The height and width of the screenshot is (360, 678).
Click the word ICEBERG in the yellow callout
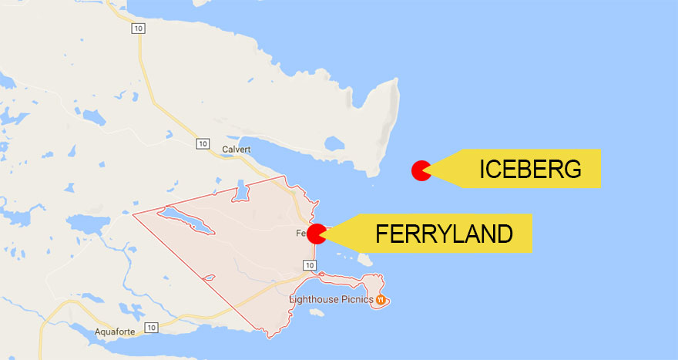530,170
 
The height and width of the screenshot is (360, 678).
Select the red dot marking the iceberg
421,170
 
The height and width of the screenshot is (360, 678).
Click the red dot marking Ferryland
316,234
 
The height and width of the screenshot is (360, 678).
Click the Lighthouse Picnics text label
331,298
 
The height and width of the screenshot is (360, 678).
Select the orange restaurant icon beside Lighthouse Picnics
380,298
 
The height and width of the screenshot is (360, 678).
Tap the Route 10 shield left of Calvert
202,143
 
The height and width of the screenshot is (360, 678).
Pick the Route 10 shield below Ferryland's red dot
309,265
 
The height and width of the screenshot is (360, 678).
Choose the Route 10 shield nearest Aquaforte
151,328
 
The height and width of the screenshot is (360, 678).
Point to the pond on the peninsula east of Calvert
335,144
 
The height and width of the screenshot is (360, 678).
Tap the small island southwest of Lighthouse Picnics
316,313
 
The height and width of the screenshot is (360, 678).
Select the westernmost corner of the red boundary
133,214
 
